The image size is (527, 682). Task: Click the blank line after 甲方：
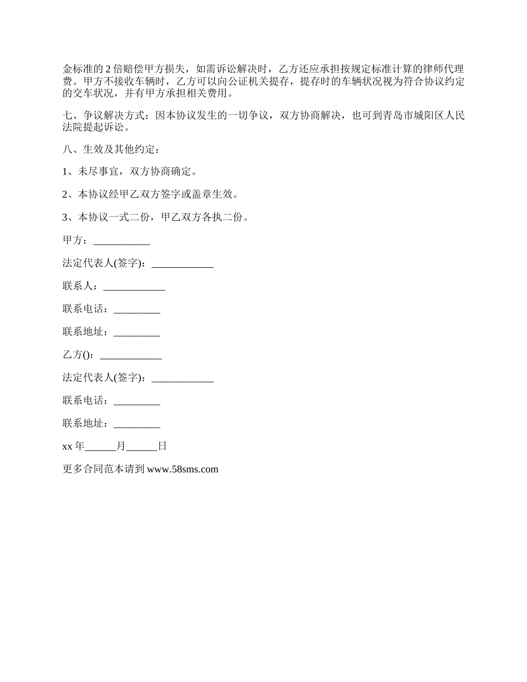(x=121, y=241)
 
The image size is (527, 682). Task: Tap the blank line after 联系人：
(x=134, y=287)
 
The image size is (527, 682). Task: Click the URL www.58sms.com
(x=183, y=469)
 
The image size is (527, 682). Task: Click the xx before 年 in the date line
(x=68, y=446)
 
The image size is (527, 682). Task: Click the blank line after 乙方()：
(x=131, y=355)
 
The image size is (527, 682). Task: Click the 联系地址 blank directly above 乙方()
(x=136, y=332)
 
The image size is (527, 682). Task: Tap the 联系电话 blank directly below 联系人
(x=136, y=309)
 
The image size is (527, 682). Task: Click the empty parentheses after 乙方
(x=86, y=355)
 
